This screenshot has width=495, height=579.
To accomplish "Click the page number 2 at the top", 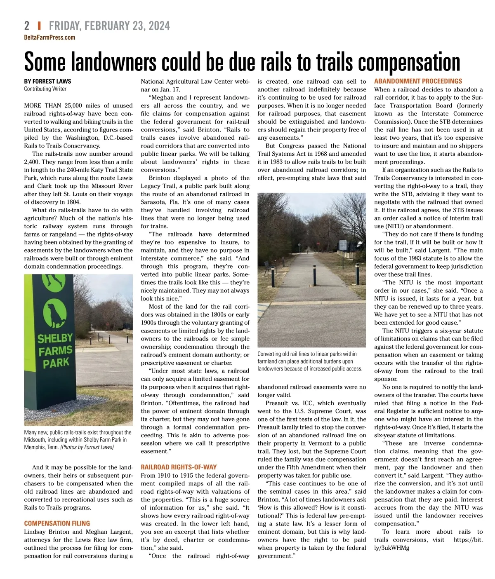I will pyautogui.click(x=27, y=26).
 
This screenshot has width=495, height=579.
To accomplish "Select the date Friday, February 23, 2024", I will pyautogui.click(x=109, y=26).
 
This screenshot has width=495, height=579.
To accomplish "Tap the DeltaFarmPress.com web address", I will pyautogui.click(x=49, y=38).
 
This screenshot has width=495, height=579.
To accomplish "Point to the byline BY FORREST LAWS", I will pyautogui.click(x=47, y=81).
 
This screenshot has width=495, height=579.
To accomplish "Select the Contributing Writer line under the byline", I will pyautogui.click(x=45, y=89).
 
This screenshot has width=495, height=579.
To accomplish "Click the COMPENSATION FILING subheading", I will pyautogui.click(x=57, y=523).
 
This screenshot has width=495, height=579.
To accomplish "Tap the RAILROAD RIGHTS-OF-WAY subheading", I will pyautogui.click(x=179, y=467).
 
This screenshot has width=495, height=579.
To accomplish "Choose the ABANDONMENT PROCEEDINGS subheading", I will pyautogui.click(x=418, y=81).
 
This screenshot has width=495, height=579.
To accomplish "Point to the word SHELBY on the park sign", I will pyautogui.click(x=55, y=339).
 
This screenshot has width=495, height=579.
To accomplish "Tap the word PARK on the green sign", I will pyautogui.click(x=56, y=363).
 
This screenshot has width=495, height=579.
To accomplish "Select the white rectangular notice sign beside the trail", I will pyautogui.click(x=343, y=244).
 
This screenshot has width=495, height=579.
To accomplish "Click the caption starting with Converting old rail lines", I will pyautogui.click(x=309, y=361).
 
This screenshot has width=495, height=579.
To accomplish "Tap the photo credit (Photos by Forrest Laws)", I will pyautogui.click(x=87, y=447).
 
